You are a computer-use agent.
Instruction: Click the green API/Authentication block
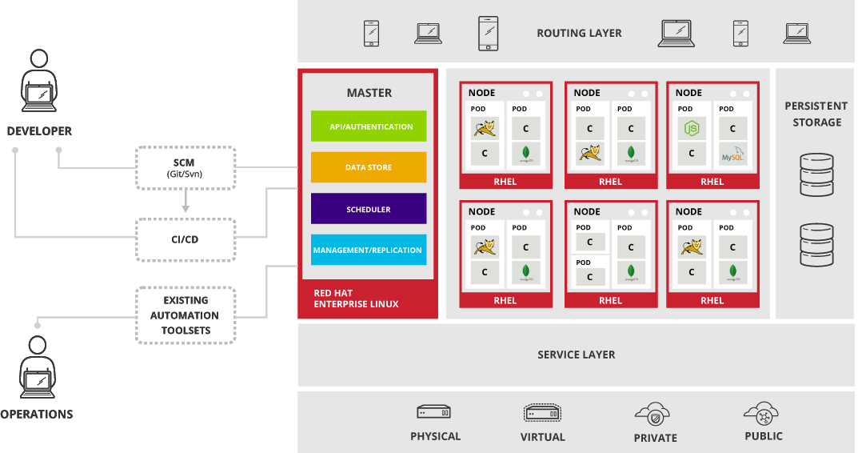pyautogui.click(x=369, y=126)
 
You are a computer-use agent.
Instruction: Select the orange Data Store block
pyautogui.click(x=369, y=167)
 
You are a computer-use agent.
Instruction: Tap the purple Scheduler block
pyautogui.click(x=369, y=209)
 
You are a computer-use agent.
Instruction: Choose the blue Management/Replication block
pyautogui.click(x=369, y=250)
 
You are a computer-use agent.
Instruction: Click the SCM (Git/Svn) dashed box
pyautogui.click(x=186, y=167)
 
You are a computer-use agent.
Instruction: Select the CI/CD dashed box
pyautogui.click(x=186, y=239)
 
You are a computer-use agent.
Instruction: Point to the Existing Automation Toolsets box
pyautogui.click(x=186, y=315)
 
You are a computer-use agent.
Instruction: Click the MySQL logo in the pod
pyautogui.click(x=732, y=153)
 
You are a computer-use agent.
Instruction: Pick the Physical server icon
pyautogui.click(x=434, y=412)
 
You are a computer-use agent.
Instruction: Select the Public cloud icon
pyautogui.click(x=762, y=413)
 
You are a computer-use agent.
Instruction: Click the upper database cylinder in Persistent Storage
pyautogui.click(x=816, y=175)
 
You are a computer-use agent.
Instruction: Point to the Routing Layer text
pyautogui.click(x=579, y=33)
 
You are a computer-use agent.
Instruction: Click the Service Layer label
pyautogui.click(x=576, y=355)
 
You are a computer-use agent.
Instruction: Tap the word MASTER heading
pyautogui.click(x=369, y=93)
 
